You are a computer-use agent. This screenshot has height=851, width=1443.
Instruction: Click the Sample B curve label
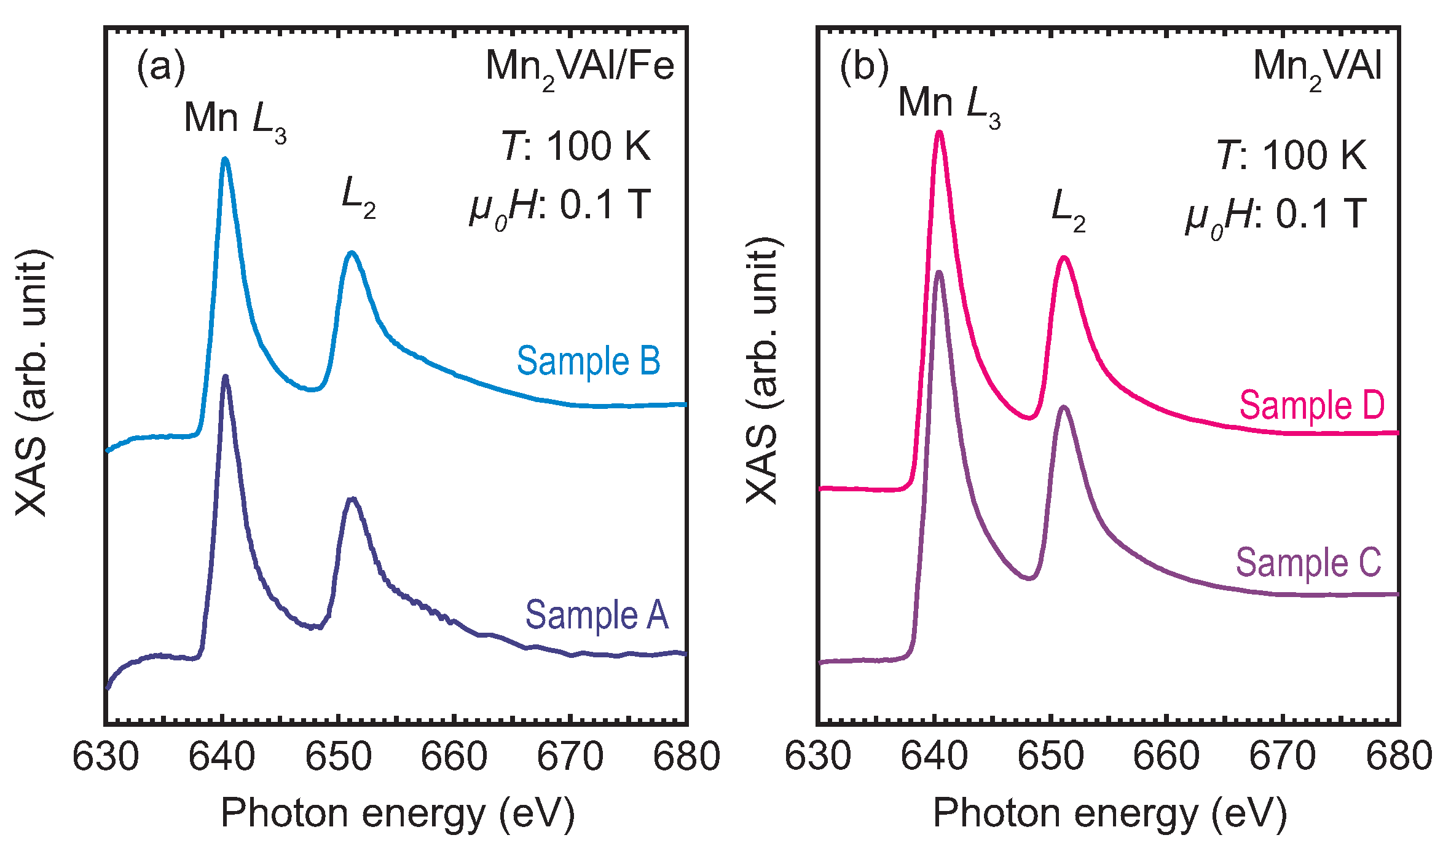tap(588, 362)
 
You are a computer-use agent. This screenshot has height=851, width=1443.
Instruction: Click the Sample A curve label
tap(596, 615)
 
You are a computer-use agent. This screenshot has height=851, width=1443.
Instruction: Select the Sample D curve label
tap(1311, 406)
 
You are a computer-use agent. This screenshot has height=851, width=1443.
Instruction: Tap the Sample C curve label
tap(1308, 563)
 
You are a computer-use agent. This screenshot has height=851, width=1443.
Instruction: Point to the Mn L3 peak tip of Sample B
tap(225, 159)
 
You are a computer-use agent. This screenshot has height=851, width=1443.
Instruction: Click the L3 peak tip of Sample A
tap(226, 376)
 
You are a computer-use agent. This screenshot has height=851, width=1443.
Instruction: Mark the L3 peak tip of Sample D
tap(939, 132)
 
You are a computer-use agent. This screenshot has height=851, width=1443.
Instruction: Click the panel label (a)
tap(160, 66)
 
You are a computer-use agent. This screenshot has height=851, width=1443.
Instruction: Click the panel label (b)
tap(863, 66)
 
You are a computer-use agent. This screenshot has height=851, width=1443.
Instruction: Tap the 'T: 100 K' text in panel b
tap(1291, 155)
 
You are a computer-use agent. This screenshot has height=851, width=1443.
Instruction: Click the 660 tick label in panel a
tap(454, 757)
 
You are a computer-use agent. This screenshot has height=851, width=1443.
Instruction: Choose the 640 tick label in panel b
tap(934, 757)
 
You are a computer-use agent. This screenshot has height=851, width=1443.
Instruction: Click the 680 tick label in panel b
tap(1398, 757)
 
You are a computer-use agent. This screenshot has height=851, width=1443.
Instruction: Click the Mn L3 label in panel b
tap(949, 105)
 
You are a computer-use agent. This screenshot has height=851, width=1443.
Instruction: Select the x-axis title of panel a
tap(397, 814)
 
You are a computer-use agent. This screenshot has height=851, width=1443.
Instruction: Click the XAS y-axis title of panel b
tap(762, 371)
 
